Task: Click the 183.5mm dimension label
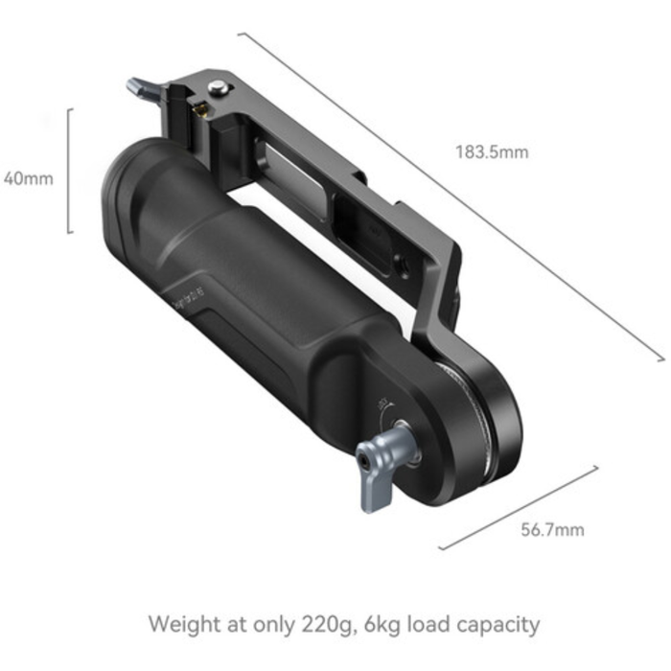click(492, 151)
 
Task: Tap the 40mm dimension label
click(27, 177)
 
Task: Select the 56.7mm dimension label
click(552, 529)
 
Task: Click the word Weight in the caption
click(187, 625)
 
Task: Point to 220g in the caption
click(324, 626)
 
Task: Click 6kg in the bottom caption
click(381, 625)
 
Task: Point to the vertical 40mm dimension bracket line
click(69, 171)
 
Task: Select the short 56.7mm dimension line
click(518, 508)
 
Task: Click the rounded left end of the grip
click(120, 192)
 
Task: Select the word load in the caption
click(427, 625)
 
